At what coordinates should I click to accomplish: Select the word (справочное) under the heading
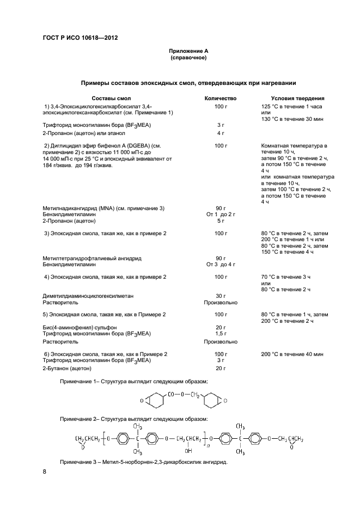pos(188,57)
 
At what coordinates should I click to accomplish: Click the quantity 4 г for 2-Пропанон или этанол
pos(221,133)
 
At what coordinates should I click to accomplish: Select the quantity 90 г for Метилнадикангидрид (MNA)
pos(221,208)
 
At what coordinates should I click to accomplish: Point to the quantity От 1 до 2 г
pos(221,214)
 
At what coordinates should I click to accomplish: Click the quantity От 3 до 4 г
pos(221,264)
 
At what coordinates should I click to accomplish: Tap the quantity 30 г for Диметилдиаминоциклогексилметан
pos(221,296)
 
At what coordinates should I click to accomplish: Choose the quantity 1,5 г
pos(221,333)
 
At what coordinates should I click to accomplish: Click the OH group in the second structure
pos(188,450)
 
